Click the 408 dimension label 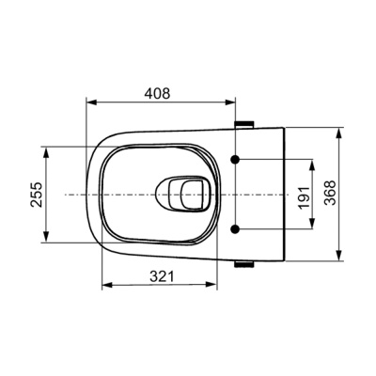(x=157, y=93)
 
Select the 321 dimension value (x=162, y=276)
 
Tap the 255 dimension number (x=37, y=195)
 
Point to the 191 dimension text (x=304, y=197)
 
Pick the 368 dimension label (x=330, y=193)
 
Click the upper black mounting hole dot (x=235, y=159)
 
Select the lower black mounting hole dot (x=235, y=229)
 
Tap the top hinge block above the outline (x=244, y=124)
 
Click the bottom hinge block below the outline (x=244, y=264)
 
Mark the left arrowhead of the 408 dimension (x=91, y=102)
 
